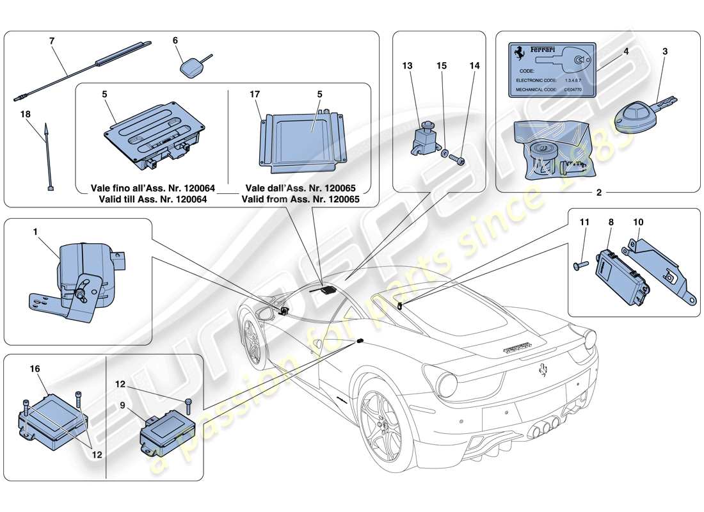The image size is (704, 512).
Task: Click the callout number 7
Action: point(52,40)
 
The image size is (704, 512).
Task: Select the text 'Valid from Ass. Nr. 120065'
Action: point(300,198)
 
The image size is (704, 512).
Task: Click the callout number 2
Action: point(599,193)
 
